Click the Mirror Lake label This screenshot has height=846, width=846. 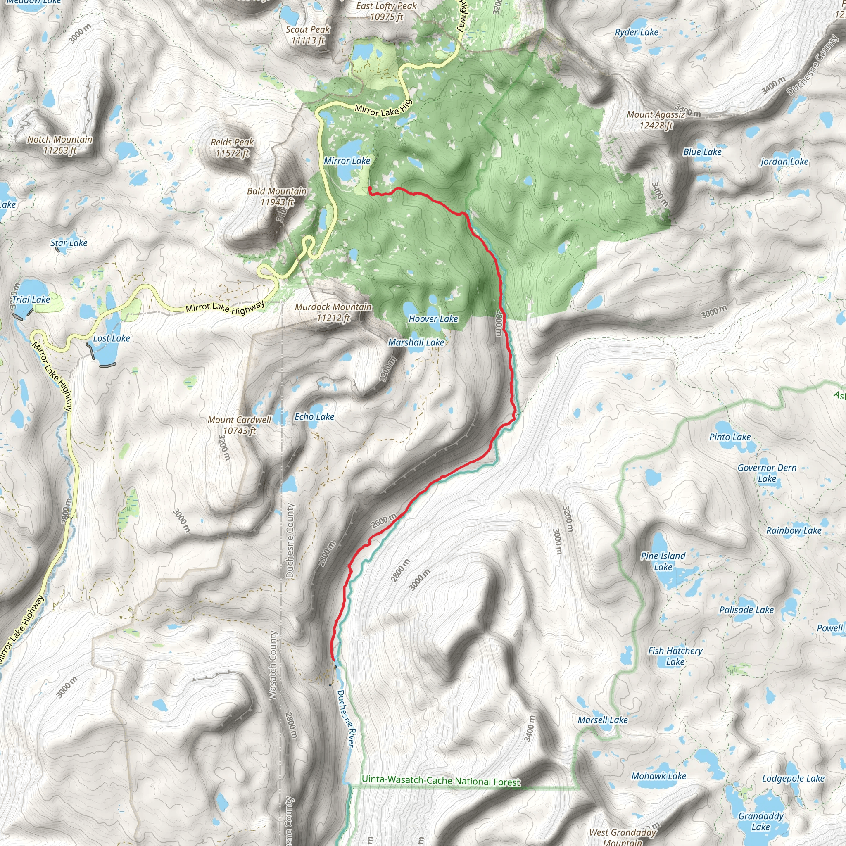click(x=347, y=161)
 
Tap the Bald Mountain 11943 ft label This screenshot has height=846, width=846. click(x=277, y=196)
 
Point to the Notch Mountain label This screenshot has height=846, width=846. click(x=60, y=145)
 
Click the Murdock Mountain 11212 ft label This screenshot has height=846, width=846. click(x=333, y=312)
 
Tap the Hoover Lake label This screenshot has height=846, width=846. click(x=433, y=319)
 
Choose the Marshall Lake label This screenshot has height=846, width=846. click(x=416, y=342)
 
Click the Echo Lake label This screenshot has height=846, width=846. click(x=314, y=416)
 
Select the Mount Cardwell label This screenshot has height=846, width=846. click(x=240, y=425)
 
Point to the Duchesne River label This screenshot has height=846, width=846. click(x=346, y=718)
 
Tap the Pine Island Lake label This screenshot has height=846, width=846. click(x=663, y=561)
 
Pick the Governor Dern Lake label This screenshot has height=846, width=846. click(x=767, y=473)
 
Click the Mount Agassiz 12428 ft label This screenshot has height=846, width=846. click(x=656, y=119)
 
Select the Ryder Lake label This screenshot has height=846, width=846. click(x=636, y=32)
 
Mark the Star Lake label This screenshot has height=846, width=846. click(x=69, y=242)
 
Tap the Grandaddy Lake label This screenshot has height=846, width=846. click(x=760, y=821)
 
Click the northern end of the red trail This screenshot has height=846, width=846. click(x=370, y=188)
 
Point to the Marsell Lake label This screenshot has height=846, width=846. click(x=603, y=720)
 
